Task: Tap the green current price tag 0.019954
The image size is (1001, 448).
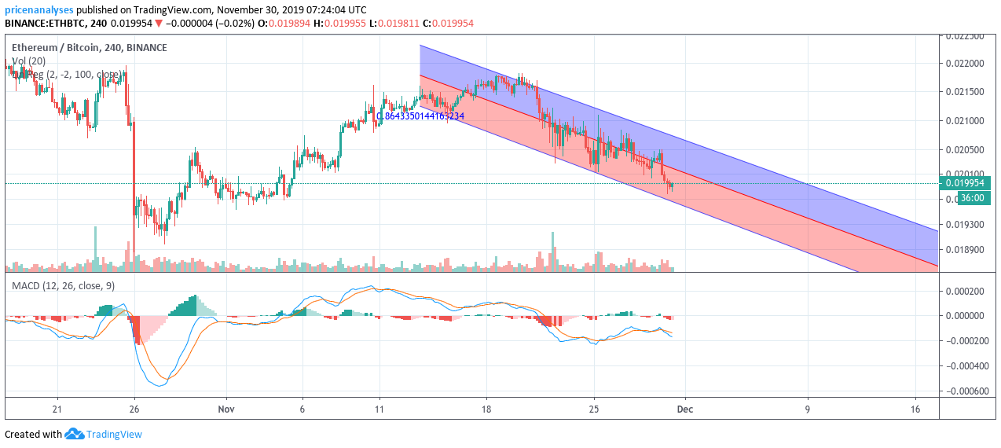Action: click(x=966, y=183)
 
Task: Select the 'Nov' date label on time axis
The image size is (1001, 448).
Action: click(x=226, y=409)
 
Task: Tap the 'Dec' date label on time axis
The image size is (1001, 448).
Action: click(x=685, y=409)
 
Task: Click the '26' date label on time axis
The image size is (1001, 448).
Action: click(x=134, y=409)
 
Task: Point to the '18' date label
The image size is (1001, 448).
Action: click(x=486, y=409)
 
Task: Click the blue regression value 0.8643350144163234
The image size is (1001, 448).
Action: click(x=420, y=116)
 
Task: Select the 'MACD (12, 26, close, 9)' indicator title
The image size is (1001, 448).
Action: click(x=63, y=285)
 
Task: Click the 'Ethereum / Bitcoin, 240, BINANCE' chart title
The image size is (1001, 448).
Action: click(x=89, y=47)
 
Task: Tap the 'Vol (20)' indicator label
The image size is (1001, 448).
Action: click(x=28, y=61)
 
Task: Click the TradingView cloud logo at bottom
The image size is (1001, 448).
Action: click(x=75, y=434)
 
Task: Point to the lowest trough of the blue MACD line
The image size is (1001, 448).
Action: click(x=159, y=386)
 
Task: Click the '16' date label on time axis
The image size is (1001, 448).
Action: click(x=915, y=409)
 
